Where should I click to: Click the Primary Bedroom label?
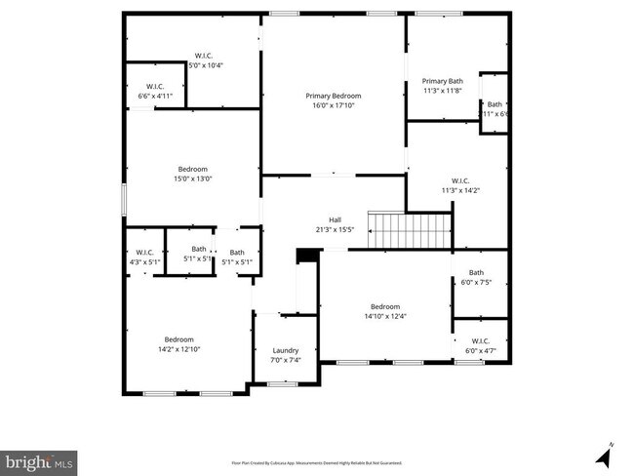tap(334, 96)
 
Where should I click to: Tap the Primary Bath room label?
tap(442, 81)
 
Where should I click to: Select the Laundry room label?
tap(285, 350)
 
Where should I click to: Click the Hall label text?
tap(335, 219)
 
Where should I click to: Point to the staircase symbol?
tap(411, 231)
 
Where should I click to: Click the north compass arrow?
tap(604, 454)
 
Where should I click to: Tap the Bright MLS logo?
tap(39, 459)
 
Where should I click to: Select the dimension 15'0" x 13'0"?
tap(193, 178)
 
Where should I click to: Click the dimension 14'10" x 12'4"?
tap(385, 315)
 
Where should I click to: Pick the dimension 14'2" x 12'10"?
tap(178, 349)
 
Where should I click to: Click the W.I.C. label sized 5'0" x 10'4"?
tap(204, 65)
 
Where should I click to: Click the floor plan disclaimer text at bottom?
tap(316, 462)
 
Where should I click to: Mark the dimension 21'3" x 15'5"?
tap(335, 230)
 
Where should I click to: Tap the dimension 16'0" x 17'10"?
tap(334, 105)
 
